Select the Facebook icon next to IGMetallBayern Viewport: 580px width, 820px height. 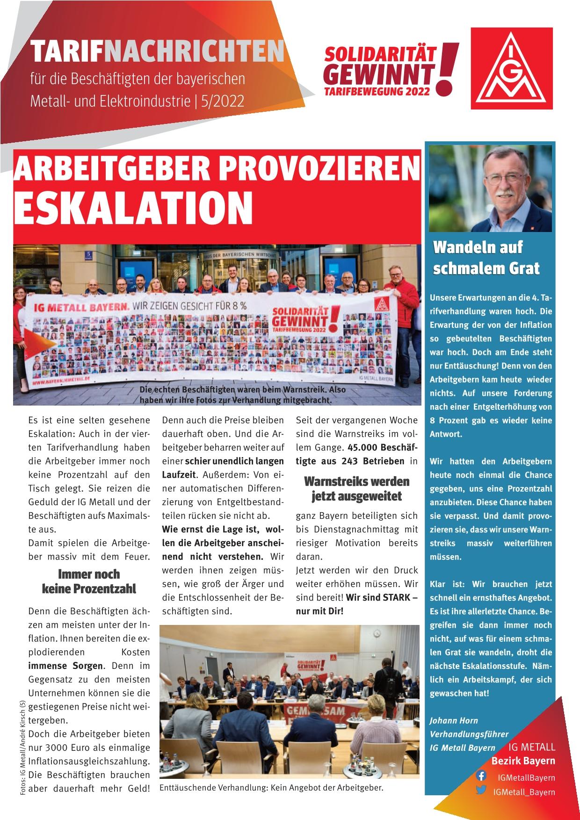481,775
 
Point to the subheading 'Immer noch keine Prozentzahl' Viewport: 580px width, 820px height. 88,581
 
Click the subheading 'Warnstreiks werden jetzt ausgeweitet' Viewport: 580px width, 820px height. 356,488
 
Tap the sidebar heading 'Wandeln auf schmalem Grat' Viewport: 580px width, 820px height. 486,258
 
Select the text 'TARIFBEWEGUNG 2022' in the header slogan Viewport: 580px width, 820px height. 377,92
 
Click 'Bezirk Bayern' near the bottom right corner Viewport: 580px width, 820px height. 523,761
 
